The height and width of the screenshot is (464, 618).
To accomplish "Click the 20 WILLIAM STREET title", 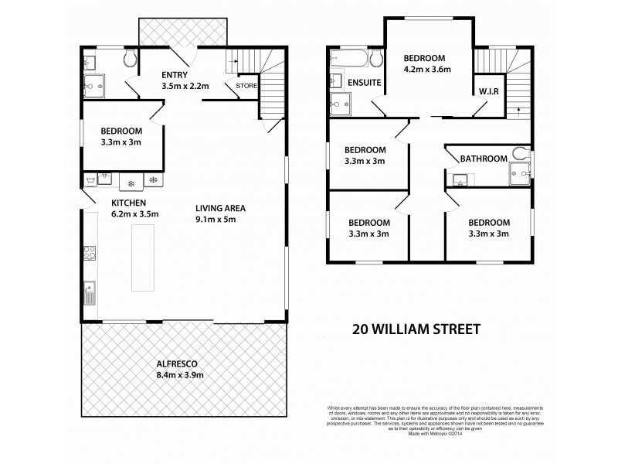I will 416,329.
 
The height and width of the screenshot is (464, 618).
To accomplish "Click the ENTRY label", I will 175,74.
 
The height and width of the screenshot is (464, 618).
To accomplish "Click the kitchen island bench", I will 142,257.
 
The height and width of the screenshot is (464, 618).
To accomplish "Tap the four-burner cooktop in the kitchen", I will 90,252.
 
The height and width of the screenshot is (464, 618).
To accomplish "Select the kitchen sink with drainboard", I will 90,292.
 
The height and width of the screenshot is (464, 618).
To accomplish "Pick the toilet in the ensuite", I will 376,60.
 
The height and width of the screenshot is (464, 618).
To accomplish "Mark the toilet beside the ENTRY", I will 129,59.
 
